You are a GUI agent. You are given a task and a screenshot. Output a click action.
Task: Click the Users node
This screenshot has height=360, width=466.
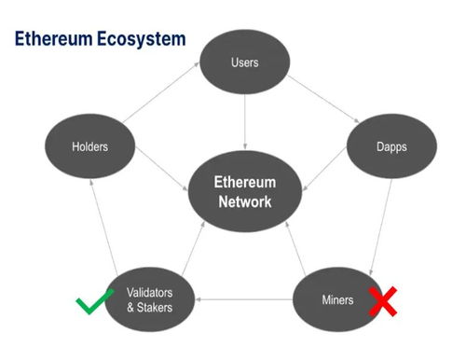pyautogui.click(x=245, y=63)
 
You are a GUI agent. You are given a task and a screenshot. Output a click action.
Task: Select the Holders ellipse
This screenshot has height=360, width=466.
pyautogui.click(x=90, y=145)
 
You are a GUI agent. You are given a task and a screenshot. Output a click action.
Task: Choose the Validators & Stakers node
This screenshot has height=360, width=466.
pyautogui.click(x=149, y=298)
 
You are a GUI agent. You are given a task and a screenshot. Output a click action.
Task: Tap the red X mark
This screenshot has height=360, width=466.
pyautogui.click(x=382, y=300)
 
